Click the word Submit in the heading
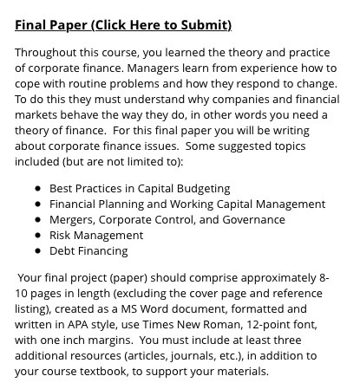pos(207,24)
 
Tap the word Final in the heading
pos(31,24)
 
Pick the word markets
pos(37,115)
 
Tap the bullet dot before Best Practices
pos(39,189)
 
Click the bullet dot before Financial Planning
pos(39,204)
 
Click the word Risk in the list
pos(62,236)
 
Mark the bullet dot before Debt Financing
pos(39,251)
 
